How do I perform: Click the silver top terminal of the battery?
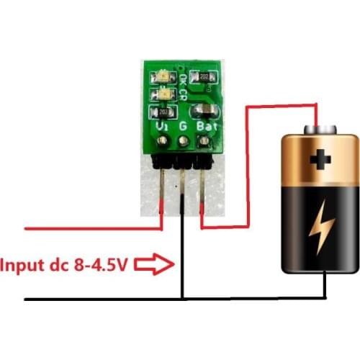tap(320, 129)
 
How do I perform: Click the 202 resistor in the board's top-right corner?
tap(204, 76)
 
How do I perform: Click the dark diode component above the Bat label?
tap(204, 110)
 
